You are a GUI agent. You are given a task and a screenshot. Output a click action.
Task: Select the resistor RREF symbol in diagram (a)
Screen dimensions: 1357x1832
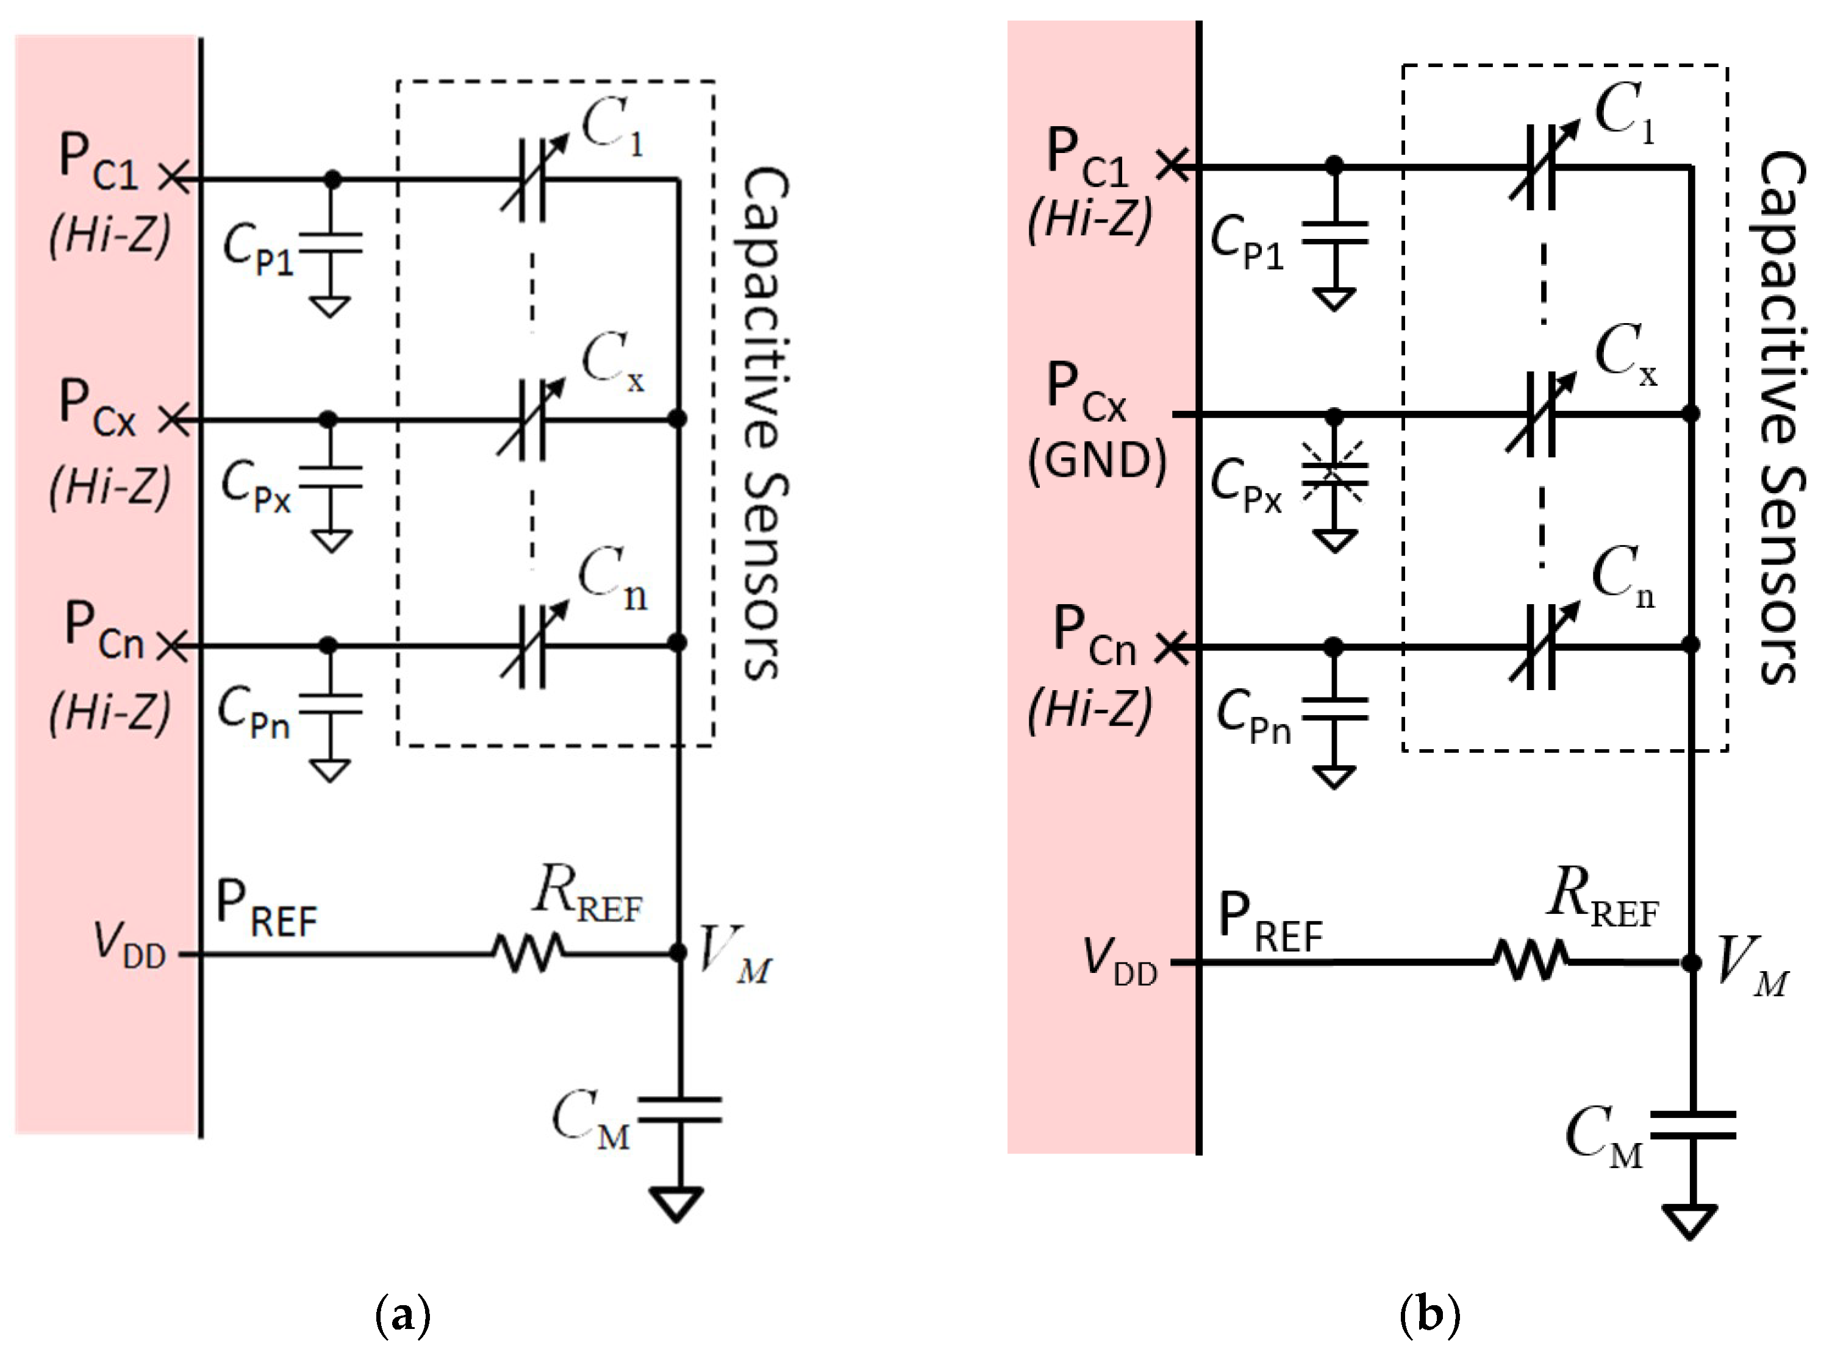528,953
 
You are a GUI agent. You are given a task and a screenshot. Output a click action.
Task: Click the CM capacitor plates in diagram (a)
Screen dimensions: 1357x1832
679,1109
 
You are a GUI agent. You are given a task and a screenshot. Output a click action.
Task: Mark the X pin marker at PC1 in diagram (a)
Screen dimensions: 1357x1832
173,178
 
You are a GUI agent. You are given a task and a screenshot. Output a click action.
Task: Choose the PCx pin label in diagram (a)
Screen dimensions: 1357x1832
97,408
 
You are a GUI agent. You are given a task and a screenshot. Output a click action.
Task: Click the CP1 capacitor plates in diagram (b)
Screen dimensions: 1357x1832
1335,232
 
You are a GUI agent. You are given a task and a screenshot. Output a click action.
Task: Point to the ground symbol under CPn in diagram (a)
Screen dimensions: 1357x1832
331,770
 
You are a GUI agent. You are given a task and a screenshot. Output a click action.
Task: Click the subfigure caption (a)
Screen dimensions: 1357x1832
402,1315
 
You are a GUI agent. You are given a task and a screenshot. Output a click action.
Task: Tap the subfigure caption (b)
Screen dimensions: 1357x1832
1429,1315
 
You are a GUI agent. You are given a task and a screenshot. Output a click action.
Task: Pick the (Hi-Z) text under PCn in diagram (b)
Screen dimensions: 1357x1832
1090,708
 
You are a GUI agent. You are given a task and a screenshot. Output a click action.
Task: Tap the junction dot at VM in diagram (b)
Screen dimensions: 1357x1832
1691,962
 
